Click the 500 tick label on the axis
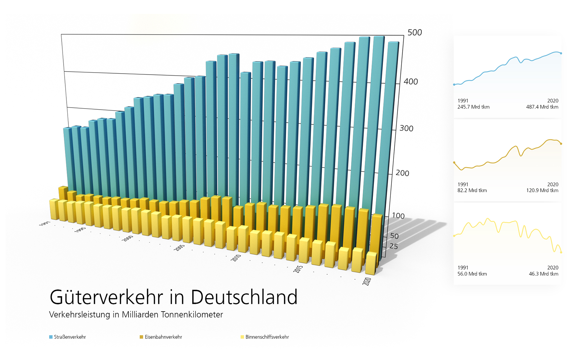click(x=414, y=33)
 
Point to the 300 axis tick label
click(x=406, y=128)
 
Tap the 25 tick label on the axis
click(x=393, y=246)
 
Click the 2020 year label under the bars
click(x=367, y=281)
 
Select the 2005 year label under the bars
click(x=179, y=247)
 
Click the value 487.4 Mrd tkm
click(x=542, y=107)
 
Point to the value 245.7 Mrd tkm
click(x=473, y=107)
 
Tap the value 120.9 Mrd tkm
click(x=542, y=190)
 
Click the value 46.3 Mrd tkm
click(x=543, y=274)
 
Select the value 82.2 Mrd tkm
click(x=472, y=190)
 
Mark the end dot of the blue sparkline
click(x=561, y=53)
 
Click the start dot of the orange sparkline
click(x=454, y=163)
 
